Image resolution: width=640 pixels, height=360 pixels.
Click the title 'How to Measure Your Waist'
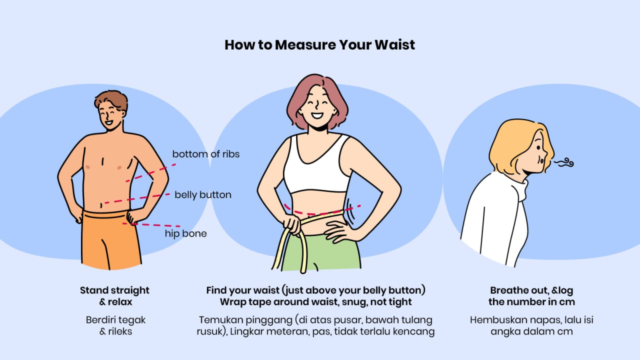pyautogui.click(x=319, y=45)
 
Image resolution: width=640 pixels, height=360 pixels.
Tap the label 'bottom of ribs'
pyautogui.click(x=205, y=154)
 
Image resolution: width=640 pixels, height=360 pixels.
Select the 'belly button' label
pyautogui.click(x=203, y=195)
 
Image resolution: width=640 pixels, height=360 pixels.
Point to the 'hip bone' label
pyautogui.click(x=185, y=233)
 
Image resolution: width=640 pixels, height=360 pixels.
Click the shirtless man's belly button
pyautogui.click(x=101, y=205)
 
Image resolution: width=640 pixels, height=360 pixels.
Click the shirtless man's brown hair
pyautogui.click(x=111, y=100)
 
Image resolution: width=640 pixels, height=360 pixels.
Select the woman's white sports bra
pyautogui.click(x=317, y=165)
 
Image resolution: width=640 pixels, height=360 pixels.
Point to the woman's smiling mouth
pyautogui.click(x=317, y=115)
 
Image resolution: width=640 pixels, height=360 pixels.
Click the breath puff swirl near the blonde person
pyautogui.click(x=564, y=162)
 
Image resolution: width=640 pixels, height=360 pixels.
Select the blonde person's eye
pyautogui.click(x=538, y=147)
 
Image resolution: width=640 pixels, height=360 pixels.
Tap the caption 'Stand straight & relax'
pyautogui.click(x=115, y=296)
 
